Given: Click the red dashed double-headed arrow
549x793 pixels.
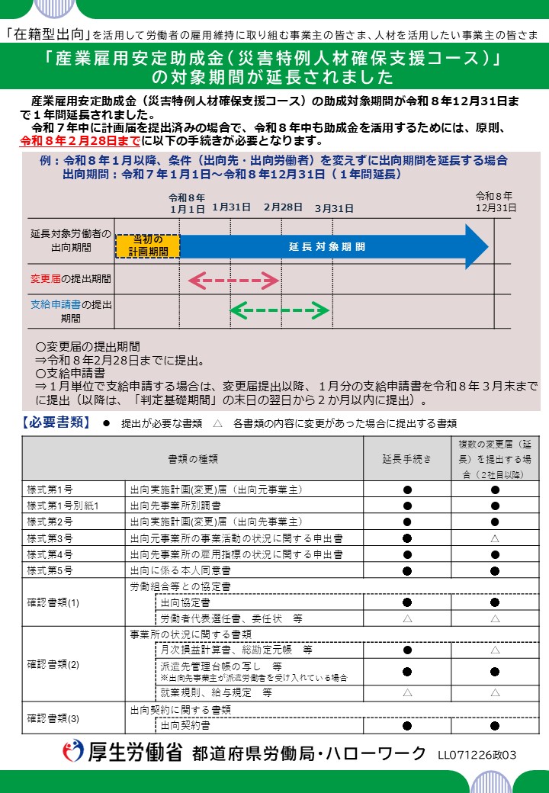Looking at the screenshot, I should (x=233, y=280).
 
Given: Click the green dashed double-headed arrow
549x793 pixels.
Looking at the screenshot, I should (x=280, y=310).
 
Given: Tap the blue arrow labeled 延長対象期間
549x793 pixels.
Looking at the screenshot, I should (x=328, y=246).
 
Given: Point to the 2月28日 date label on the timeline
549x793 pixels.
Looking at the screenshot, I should (x=283, y=207).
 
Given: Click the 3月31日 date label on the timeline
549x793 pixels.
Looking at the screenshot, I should (x=334, y=208).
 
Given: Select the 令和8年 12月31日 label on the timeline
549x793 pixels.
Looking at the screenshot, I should (x=495, y=201).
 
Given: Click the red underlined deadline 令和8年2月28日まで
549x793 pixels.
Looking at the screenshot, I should (x=79, y=141).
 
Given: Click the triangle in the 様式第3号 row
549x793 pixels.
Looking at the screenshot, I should (x=495, y=538).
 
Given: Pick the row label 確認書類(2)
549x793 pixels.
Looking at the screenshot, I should (x=53, y=664).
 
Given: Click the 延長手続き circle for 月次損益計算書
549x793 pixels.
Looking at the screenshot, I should (x=407, y=650).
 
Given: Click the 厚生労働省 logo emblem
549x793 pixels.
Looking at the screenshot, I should (x=74, y=753).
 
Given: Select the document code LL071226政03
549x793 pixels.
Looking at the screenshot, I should (x=477, y=755).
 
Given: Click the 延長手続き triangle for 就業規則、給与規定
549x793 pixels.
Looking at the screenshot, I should (x=407, y=693).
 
